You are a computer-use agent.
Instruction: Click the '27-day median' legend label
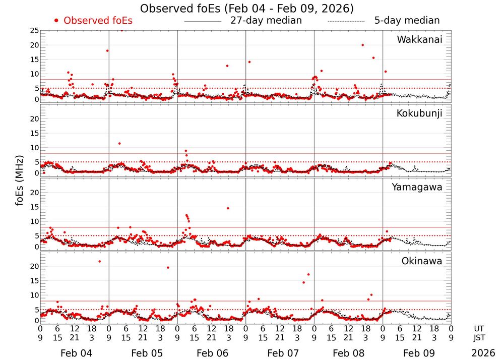tap(266, 21)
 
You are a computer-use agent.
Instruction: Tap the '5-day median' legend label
tap(407, 21)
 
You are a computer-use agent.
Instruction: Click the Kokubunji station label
tap(419, 113)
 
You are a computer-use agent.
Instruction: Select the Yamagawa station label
tap(417, 187)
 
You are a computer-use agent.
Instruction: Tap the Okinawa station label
tap(422, 261)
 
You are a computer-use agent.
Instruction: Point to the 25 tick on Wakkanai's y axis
tap(34, 31)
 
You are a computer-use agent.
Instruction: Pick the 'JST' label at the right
tap(479, 337)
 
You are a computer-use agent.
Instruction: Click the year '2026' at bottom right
tap(482, 353)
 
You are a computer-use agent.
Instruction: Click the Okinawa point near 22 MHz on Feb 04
tap(99, 261)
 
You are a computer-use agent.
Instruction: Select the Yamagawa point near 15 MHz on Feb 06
tap(228, 208)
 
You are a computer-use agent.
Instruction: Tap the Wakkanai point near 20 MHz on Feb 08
tap(362, 45)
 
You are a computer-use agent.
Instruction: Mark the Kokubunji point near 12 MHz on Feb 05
tap(119, 144)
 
